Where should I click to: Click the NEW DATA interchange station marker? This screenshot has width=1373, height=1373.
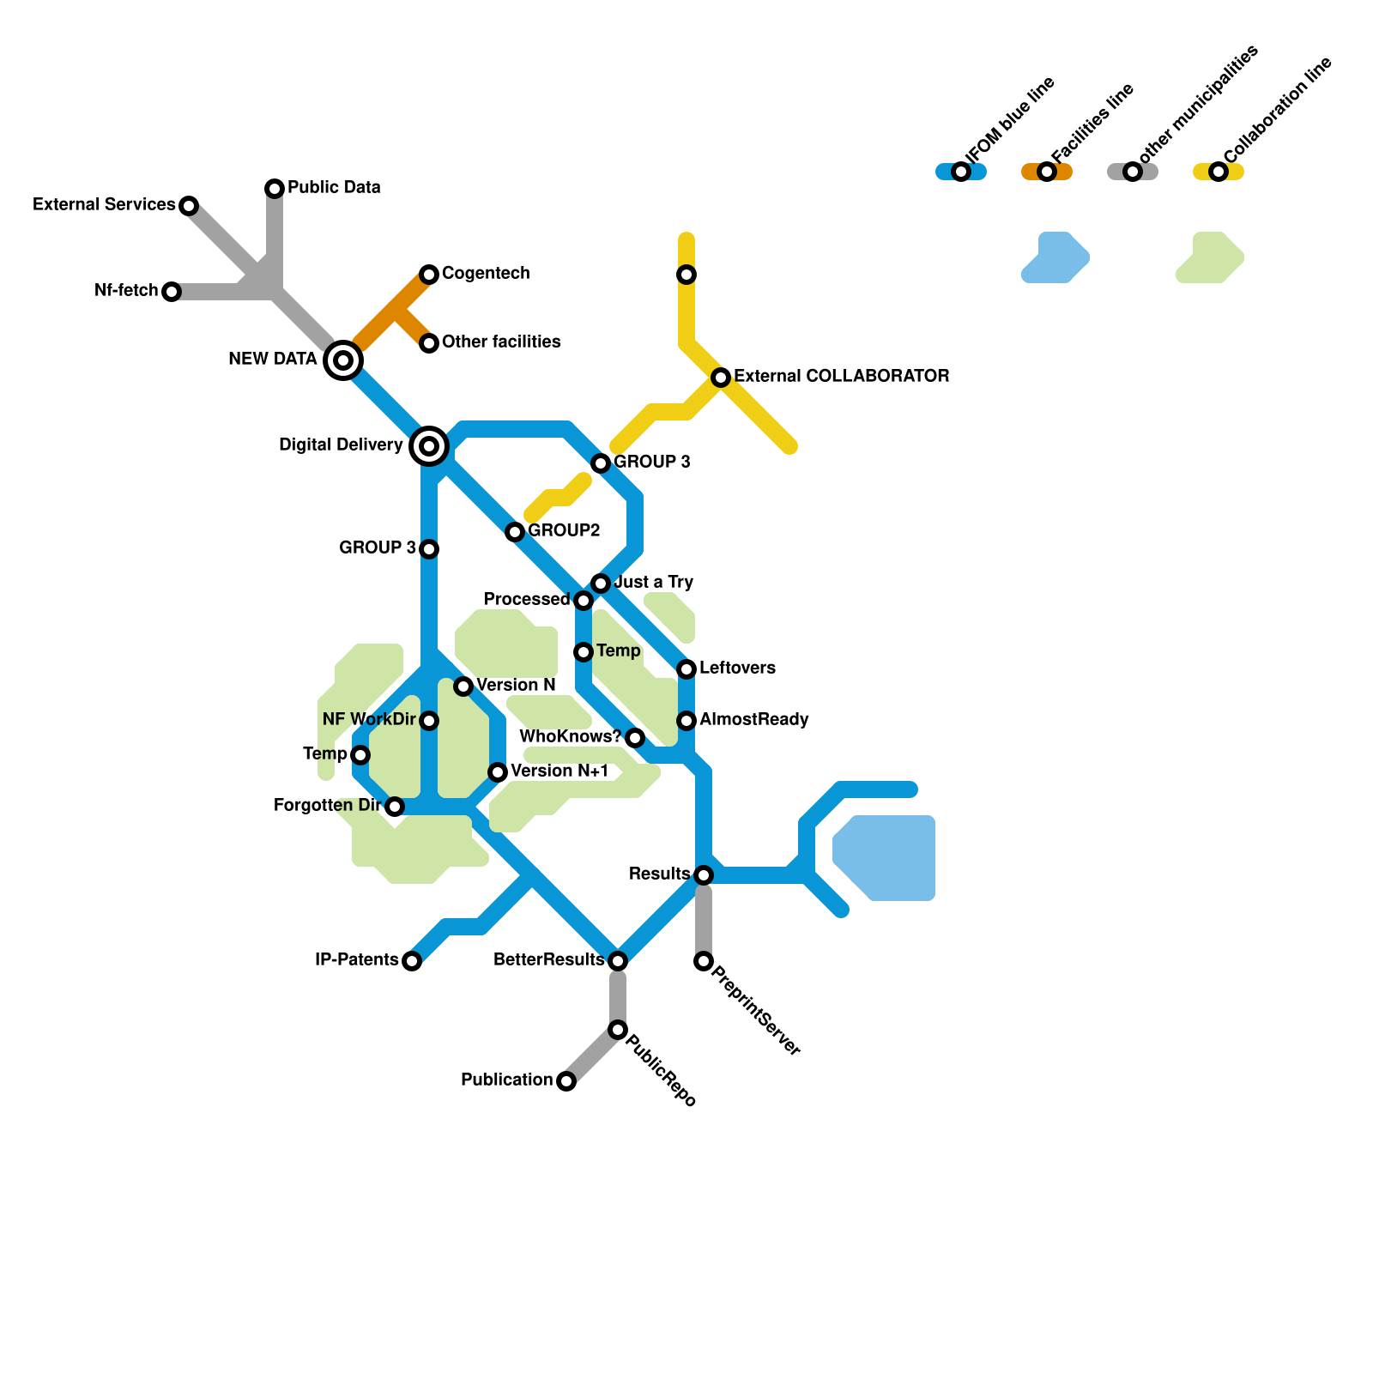[x=343, y=360]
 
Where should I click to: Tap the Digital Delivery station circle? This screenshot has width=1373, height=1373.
[x=429, y=446]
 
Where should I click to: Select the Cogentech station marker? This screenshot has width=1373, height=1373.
[x=429, y=275]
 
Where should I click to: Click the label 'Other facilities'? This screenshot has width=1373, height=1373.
[x=501, y=342]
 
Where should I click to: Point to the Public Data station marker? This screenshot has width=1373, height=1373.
[x=275, y=188]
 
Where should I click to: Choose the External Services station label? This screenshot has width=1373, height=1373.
[x=104, y=204]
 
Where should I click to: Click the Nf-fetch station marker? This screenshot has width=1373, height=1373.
[x=172, y=292]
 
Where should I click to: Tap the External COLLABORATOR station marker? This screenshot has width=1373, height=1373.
[x=721, y=378]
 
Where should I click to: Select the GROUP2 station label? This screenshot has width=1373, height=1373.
[x=564, y=530]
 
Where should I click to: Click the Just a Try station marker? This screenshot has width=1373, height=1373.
[x=601, y=584]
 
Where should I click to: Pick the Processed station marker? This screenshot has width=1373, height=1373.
[x=584, y=601]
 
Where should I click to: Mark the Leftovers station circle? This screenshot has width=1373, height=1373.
[x=686, y=669]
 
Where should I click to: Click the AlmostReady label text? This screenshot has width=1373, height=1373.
[x=753, y=719]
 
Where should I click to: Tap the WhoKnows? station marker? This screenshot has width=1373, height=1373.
[x=635, y=738]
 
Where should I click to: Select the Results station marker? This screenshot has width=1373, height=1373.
[x=704, y=875]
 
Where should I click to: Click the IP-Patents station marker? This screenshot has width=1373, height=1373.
[x=412, y=961]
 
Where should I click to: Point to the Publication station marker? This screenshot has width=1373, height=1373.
[x=566, y=1081]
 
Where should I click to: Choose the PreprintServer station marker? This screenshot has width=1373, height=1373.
[x=704, y=961]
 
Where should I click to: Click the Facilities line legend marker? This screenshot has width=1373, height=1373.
[x=1047, y=172]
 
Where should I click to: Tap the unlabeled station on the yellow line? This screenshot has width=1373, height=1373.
[x=686, y=275]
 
